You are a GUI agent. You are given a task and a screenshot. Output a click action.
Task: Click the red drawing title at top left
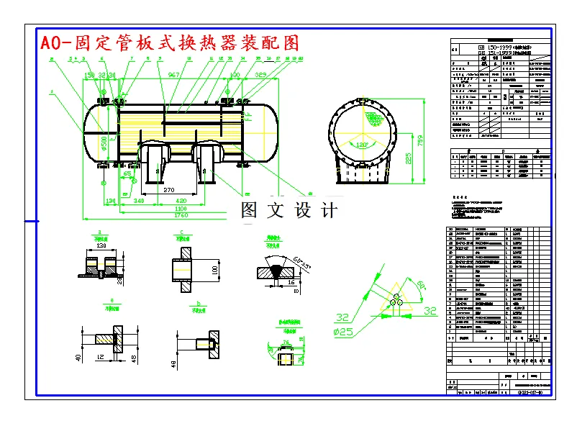pos(169,42)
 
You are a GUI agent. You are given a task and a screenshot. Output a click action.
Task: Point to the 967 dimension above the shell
pos(174,75)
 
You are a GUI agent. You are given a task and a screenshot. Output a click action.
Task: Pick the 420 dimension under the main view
pos(181,201)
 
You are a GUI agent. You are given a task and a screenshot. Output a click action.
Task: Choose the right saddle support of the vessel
pos(207,165)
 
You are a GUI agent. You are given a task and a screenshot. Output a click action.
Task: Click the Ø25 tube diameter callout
pos(344,332)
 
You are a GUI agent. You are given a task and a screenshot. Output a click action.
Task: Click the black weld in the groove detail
pos(276,273)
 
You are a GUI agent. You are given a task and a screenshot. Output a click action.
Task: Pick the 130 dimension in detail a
pos(101,245)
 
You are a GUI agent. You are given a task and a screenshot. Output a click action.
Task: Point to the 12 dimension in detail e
pos(102,357)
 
